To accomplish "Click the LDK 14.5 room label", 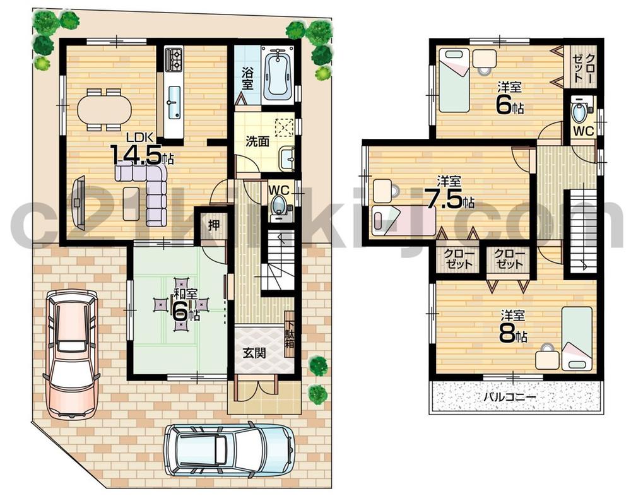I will tap(140, 149).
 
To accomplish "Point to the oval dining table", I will tap(105, 109).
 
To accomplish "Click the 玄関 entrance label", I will tap(254, 353).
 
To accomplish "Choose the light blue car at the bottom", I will tap(230, 449).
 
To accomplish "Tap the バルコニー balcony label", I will tap(509, 398).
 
